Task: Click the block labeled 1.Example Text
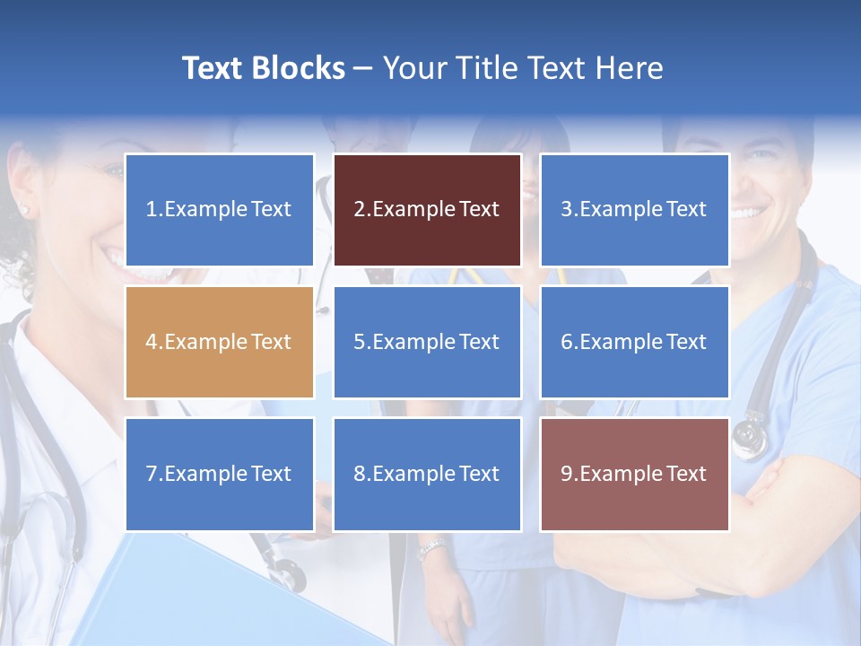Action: coord(219,210)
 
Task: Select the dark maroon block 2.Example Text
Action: coord(427,210)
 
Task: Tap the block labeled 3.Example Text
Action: coord(634,210)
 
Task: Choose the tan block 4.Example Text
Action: coord(219,342)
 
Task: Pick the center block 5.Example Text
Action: coord(427,342)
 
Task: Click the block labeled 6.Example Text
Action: coord(634,342)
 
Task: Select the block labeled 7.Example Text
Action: coord(219,474)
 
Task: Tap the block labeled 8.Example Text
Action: coord(427,474)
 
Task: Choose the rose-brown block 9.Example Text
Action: coord(634,474)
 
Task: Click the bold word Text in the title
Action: coord(213,68)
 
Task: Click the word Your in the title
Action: coord(414,68)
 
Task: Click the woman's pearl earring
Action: coord(23,210)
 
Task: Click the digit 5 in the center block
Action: coord(359,342)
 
